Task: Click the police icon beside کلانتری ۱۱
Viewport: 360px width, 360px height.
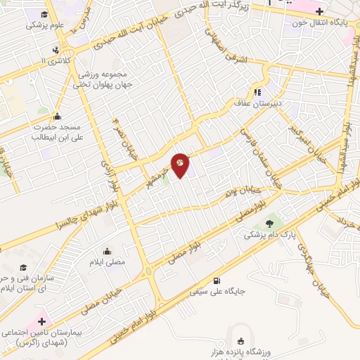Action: [56, 50]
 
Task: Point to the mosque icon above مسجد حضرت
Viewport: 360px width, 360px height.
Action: [57, 117]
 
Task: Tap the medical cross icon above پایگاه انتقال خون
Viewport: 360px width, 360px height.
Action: [320, 11]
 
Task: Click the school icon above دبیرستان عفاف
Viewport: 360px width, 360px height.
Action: [258, 91]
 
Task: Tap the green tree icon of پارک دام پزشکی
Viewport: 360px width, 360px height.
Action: [271, 224]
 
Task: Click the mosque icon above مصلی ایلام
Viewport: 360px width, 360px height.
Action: [108, 251]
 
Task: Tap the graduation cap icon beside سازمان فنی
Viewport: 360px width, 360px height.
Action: [23, 267]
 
